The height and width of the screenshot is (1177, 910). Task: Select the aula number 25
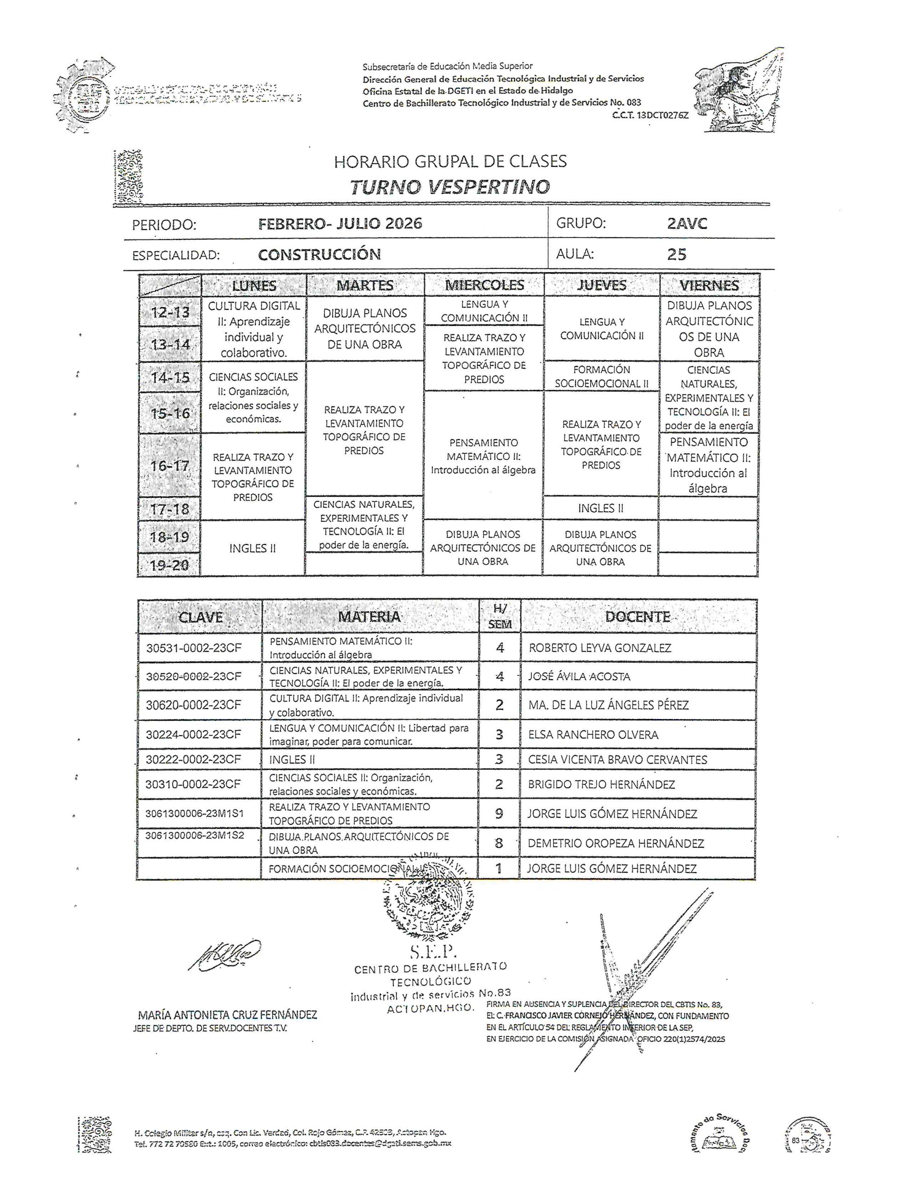click(676, 254)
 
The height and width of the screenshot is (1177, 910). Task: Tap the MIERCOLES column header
click(484, 285)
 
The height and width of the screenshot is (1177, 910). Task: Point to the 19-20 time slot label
click(169, 566)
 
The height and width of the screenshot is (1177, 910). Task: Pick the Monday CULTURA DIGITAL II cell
click(253, 329)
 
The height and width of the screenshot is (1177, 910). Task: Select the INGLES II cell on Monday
click(253, 548)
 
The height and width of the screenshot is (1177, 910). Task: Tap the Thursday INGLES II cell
click(601, 508)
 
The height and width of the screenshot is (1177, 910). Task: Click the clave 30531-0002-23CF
click(194, 648)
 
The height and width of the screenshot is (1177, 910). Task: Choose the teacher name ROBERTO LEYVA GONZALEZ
click(600, 648)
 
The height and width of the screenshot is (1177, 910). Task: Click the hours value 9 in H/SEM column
click(500, 814)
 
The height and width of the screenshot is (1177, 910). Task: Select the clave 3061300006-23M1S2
click(195, 836)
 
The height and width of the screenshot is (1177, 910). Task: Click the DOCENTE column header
click(638, 617)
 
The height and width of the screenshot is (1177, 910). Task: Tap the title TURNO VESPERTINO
click(450, 187)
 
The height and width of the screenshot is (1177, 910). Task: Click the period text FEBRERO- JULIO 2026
click(340, 223)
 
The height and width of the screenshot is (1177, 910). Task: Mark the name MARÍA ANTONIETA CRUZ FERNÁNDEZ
click(228, 1015)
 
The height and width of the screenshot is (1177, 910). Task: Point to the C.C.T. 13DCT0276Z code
click(651, 115)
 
